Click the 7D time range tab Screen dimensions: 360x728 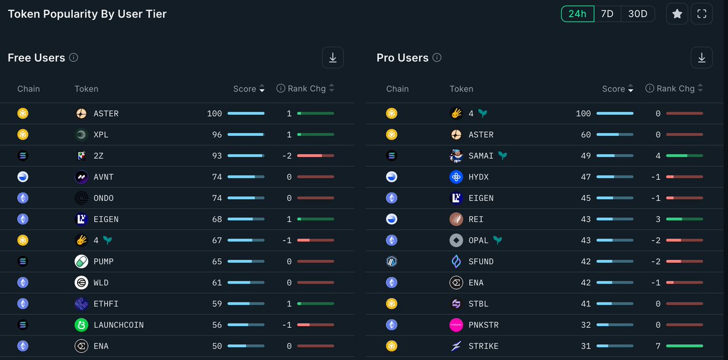607,14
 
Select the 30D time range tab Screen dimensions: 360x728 638,14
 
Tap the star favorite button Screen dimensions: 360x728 677,14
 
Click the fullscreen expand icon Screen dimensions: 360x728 701,14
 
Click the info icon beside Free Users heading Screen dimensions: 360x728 73,58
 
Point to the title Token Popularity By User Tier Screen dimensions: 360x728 87,14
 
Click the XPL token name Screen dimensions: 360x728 101,135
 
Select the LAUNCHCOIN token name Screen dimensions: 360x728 118,325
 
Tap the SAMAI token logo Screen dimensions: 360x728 456,155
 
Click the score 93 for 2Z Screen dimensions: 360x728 217,156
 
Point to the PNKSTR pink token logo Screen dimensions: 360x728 456,325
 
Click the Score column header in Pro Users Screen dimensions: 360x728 613,89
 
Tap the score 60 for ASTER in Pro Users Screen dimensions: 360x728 585,135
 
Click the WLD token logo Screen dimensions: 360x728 81,282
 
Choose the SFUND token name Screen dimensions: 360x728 481,262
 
